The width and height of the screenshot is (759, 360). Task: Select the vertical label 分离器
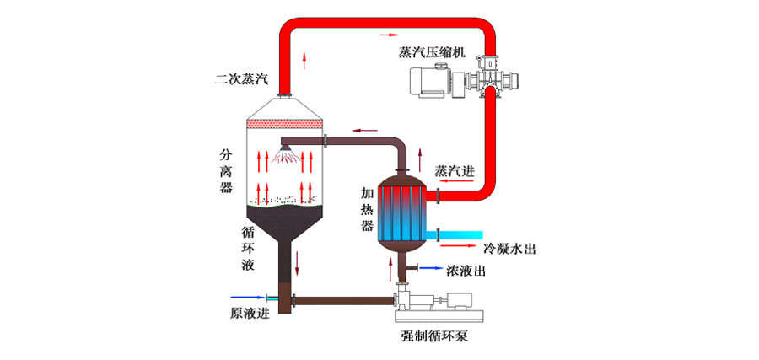[225, 171]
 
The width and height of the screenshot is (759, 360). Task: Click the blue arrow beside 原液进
[246, 297]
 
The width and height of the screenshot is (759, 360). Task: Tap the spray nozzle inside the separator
[288, 151]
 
